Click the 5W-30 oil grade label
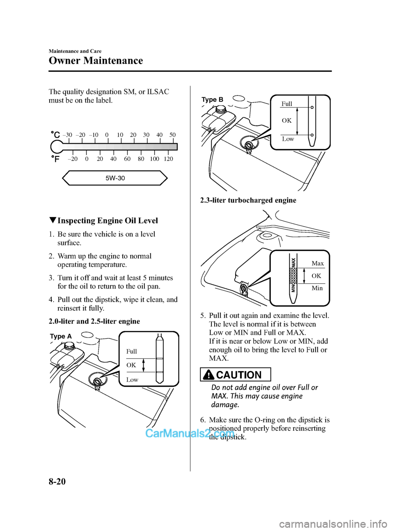point(115,178)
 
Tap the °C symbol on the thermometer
point(55,134)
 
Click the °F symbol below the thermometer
point(55,159)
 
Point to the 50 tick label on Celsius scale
point(172,135)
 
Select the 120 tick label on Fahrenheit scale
point(168,159)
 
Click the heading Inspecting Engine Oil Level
point(108,221)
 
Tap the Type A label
point(61,336)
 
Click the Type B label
point(213,99)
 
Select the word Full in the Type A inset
point(132,352)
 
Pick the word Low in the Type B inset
point(288,139)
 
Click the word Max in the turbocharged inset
point(318,263)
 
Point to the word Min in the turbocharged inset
point(317,288)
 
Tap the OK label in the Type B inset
point(287,120)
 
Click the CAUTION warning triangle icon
point(209,375)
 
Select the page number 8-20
point(57,481)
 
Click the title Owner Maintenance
point(96,61)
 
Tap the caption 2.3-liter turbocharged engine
point(248,200)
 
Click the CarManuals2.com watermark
point(190,433)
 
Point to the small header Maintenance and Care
point(75,51)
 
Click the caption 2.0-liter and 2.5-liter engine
point(94,322)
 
